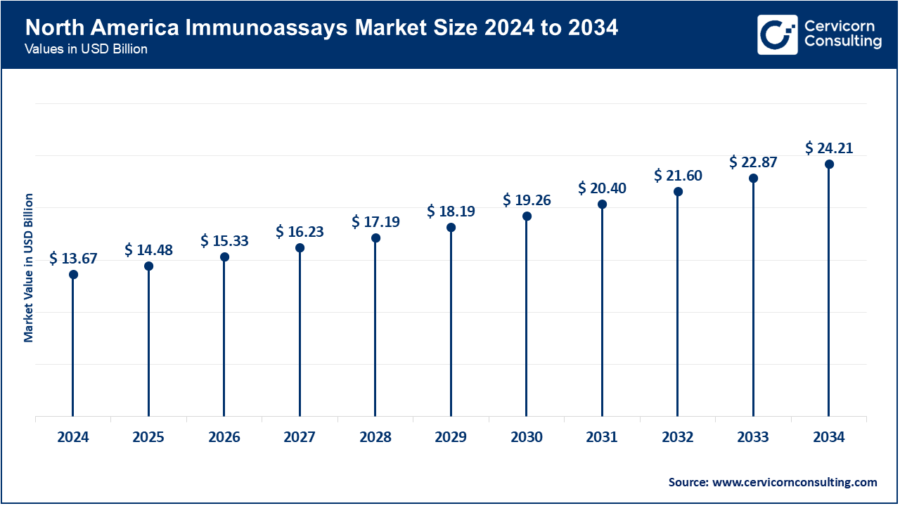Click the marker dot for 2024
[73, 274]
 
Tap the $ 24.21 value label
[829, 148]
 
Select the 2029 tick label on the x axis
[451, 437]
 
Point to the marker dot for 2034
[829, 164]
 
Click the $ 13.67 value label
[73, 259]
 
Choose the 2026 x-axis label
[224, 437]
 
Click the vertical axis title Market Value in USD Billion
[29, 267]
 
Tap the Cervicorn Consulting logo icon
[777, 34]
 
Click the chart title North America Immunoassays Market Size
[322, 28]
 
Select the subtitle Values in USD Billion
[86, 50]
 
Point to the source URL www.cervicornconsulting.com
[795, 482]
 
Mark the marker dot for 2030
[527, 216]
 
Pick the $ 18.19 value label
[451, 212]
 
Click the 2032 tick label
[678, 437]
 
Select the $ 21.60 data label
[678, 176]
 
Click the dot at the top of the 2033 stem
[753, 178]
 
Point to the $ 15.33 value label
[224, 241]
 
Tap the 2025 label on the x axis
[148, 437]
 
